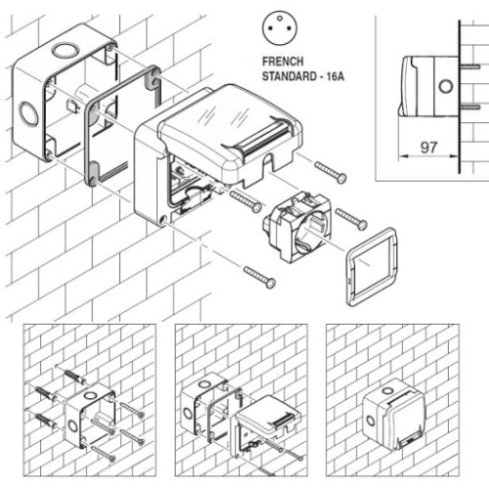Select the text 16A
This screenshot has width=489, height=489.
pyautogui.click(x=335, y=73)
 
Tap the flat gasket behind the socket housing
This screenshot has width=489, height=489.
pyautogui.click(x=121, y=123)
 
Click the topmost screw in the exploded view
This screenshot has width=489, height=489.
pyautogui.click(x=331, y=173)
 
